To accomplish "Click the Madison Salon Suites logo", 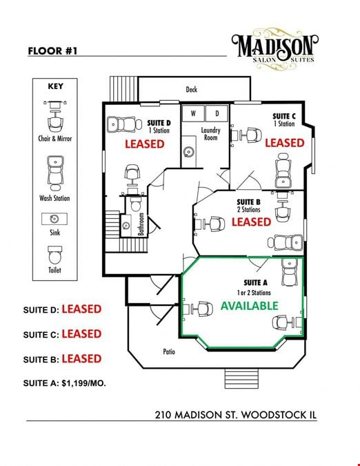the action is click(274, 49).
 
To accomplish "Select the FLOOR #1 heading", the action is click(52, 51).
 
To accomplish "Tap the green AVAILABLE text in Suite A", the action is click(249, 306).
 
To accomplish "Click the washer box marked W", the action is click(193, 113).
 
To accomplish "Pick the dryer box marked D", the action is click(217, 113).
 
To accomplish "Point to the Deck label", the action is click(192, 90).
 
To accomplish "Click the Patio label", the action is click(169, 351).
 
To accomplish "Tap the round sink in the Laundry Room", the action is click(188, 153).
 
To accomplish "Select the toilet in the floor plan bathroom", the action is click(135, 203).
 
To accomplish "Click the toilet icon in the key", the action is click(55, 255).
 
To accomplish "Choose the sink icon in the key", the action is click(54, 219).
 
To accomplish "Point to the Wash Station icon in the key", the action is click(55, 173).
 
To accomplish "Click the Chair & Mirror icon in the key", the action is click(55, 117).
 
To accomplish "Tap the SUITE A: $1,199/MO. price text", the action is click(64, 383).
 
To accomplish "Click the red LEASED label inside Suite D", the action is click(145, 144).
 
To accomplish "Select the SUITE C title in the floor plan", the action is click(284, 116).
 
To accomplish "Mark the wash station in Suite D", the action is click(124, 124).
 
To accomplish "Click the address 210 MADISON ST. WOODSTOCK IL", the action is click(236, 415).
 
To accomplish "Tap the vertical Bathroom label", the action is click(141, 224).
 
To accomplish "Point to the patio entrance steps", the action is click(241, 378).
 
